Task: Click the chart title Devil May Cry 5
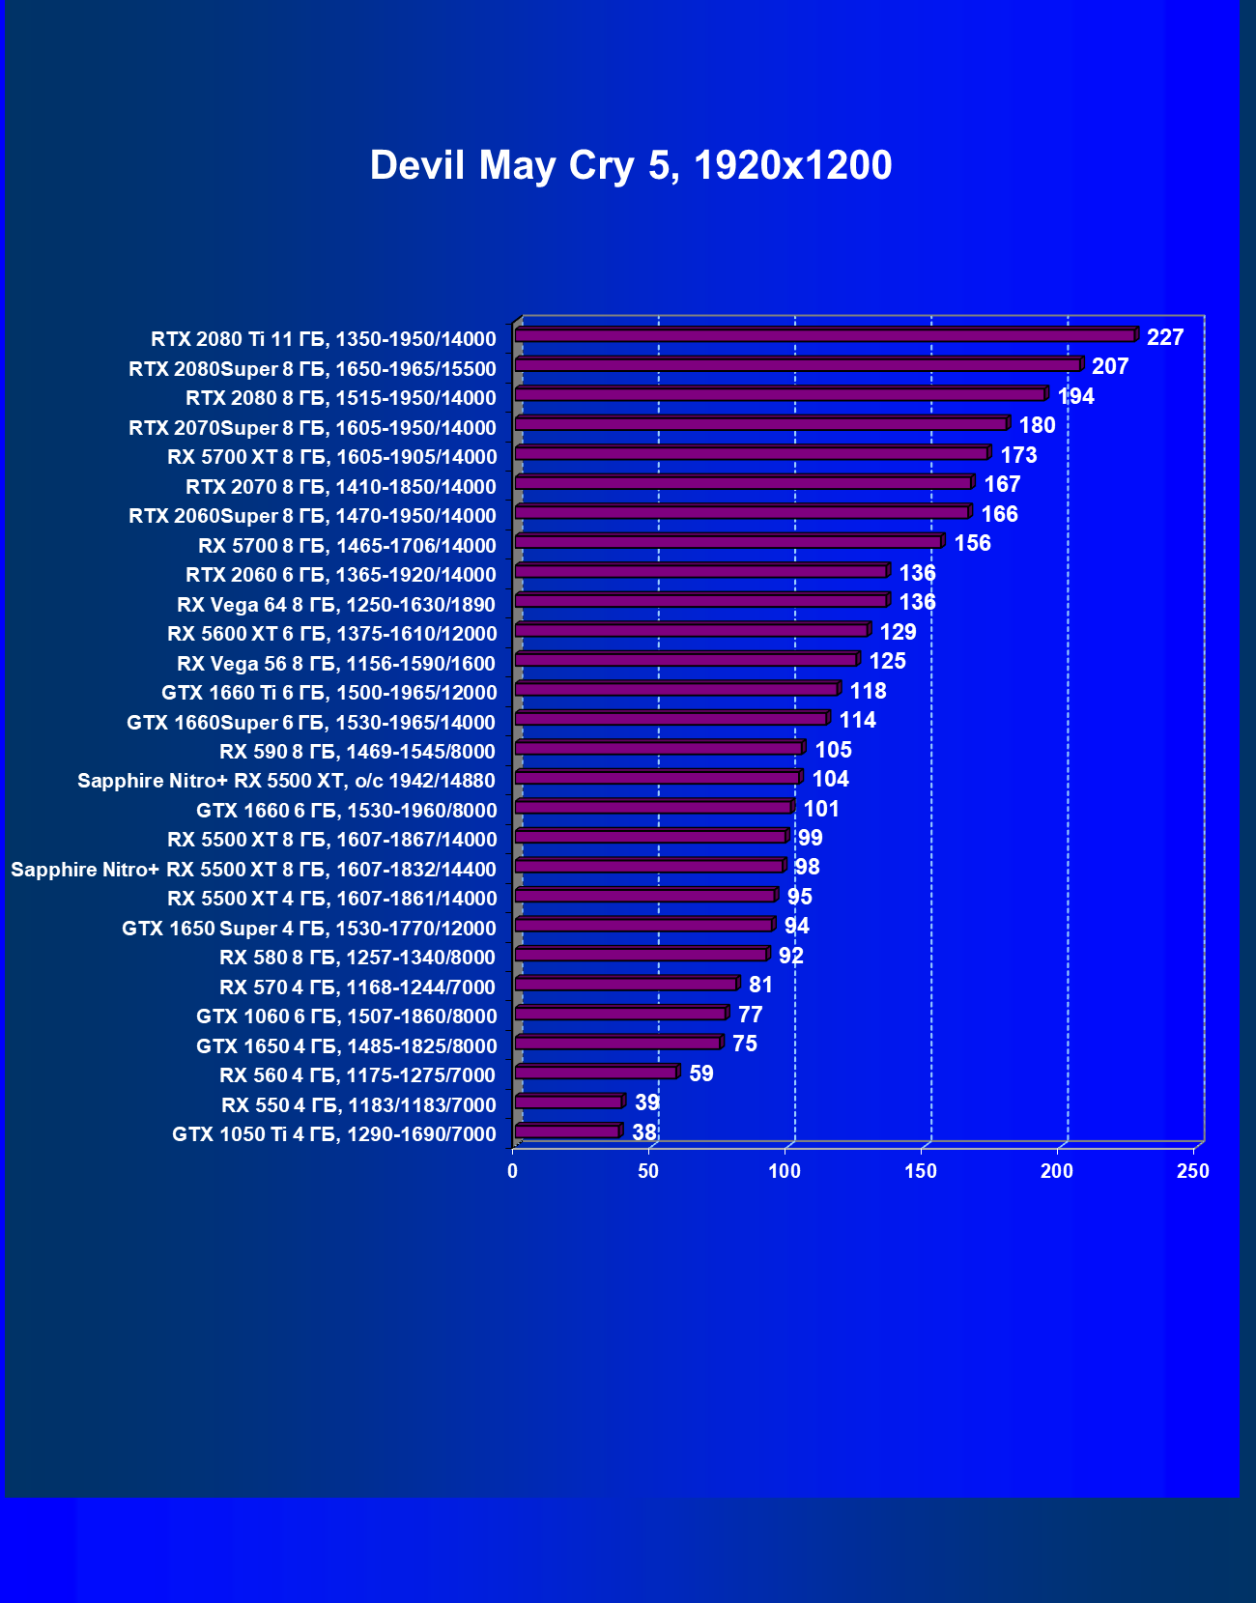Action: tap(630, 165)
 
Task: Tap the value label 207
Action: tap(1110, 366)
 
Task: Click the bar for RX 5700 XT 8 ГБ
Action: tap(751, 453)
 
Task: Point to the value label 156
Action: tap(972, 543)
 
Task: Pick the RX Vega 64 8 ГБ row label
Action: tap(335, 605)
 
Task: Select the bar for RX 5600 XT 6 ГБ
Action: tap(691, 630)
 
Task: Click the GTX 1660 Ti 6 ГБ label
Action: tap(328, 693)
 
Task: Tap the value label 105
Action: tap(833, 750)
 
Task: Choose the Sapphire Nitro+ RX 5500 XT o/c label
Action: tap(286, 781)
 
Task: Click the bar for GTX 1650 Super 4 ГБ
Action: tap(643, 926)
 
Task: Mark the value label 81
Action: tap(760, 985)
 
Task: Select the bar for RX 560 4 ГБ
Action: tap(595, 1073)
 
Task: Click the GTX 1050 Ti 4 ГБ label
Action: tap(333, 1134)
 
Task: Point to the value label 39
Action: tap(646, 1102)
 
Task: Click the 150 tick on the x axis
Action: tap(920, 1171)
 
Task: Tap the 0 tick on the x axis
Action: tap(512, 1171)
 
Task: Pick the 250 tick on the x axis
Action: tap(1192, 1171)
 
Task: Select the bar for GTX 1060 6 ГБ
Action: tap(620, 1014)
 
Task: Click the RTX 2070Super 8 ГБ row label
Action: tap(312, 428)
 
